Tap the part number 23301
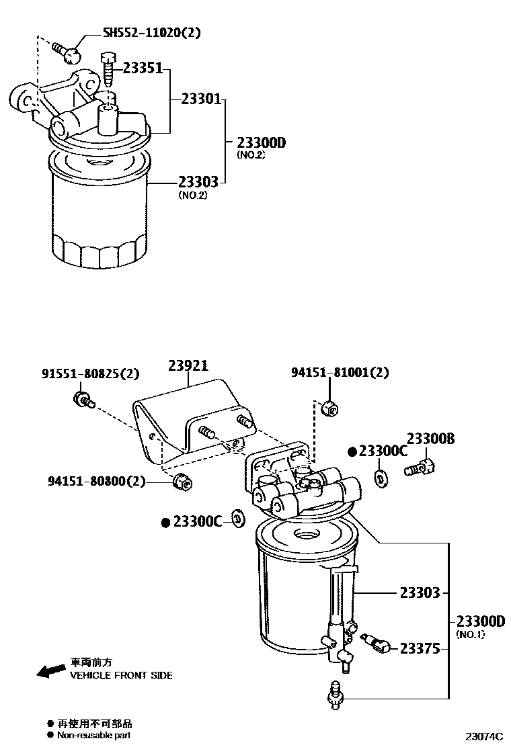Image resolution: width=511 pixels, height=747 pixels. tap(200, 99)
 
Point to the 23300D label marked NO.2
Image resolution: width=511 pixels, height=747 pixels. tap(261, 142)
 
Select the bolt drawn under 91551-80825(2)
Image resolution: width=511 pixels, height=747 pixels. tap(82, 400)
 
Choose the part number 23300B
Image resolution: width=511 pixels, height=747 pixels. tap(431, 439)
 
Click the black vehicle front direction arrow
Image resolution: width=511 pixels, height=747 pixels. tap(49, 671)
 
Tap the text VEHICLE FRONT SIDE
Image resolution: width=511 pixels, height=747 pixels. tap(121, 675)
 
